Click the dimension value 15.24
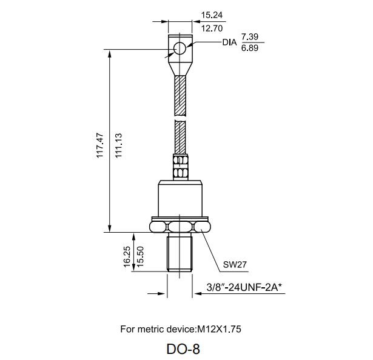[x=212, y=15]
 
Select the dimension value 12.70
[x=212, y=28]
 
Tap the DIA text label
[x=229, y=42]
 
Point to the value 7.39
[x=250, y=36]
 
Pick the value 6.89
[x=250, y=48]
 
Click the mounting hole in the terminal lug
[x=180, y=48]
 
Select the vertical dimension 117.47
[x=100, y=145]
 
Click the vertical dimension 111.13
[x=118, y=145]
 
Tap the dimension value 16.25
[x=127, y=257]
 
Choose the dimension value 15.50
[x=140, y=257]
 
